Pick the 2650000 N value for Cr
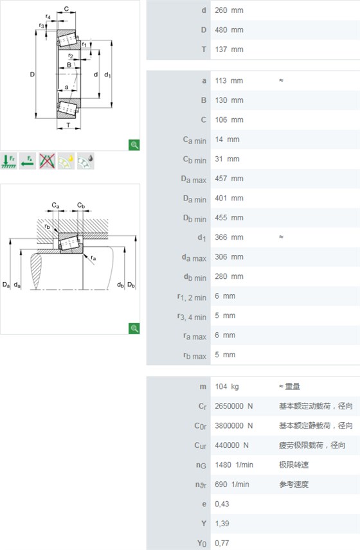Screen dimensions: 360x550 point(234,406)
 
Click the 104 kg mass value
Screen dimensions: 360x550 point(227,387)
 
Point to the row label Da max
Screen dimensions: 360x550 point(194,179)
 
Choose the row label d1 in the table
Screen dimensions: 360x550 point(201,238)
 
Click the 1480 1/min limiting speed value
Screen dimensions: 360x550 point(234,465)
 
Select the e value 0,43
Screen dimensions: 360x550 point(222,504)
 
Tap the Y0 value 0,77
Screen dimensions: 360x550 point(222,543)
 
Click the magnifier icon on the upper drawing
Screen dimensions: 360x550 point(134,145)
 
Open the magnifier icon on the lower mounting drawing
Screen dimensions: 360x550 point(134,328)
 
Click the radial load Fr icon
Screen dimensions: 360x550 point(9,161)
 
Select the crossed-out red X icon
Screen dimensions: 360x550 point(47,161)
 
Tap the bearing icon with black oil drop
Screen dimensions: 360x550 point(85,161)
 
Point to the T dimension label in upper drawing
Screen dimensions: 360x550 point(68,125)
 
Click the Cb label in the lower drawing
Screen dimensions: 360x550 point(81,205)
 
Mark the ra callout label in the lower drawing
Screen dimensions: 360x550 point(93,258)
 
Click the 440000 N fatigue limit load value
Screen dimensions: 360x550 point(231,445)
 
